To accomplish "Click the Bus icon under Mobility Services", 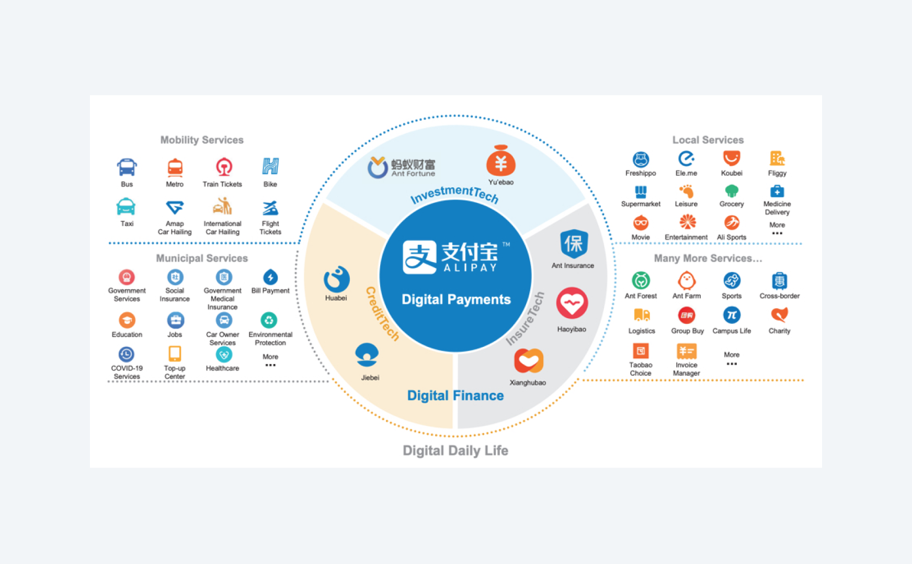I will [x=127, y=167].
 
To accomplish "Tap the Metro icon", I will [x=175, y=167].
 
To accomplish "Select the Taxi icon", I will [x=127, y=207].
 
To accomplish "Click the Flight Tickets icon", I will [x=270, y=208].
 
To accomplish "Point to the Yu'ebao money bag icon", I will [x=501, y=161].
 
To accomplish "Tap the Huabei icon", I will [x=336, y=279].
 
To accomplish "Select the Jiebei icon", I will [x=367, y=355].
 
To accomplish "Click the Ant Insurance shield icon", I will [x=574, y=243].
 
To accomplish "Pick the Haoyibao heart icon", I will [x=572, y=303].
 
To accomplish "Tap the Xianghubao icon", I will [x=529, y=360].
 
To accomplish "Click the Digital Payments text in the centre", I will [x=456, y=299].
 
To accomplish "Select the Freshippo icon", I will [x=641, y=159].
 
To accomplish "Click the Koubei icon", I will [x=732, y=158].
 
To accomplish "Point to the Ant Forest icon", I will [x=641, y=281].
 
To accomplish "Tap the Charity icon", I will [x=779, y=315].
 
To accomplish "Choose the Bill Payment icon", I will [x=270, y=277].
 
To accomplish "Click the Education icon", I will [x=127, y=320].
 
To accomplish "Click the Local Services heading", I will [x=708, y=140].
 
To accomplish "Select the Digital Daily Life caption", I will [x=455, y=450].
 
